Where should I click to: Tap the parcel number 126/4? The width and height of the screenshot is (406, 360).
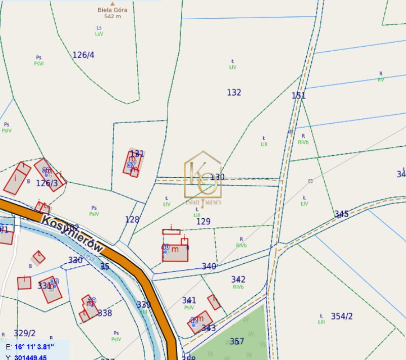tap(84, 55)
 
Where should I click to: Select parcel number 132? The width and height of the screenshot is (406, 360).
tap(234, 92)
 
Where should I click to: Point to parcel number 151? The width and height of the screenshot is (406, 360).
tap(299, 96)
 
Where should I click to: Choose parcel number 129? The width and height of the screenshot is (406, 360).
tap(203, 221)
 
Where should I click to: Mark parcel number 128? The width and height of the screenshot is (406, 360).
tap(132, 219)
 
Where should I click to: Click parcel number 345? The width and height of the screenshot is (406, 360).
tap(341, 214)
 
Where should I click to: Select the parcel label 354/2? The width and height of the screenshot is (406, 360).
tap(342, 316)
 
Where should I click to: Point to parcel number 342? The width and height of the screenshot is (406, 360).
tap(238, 279)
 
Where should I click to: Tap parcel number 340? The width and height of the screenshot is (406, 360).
tap(209, 266)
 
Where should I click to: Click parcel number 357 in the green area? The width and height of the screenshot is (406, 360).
tap(237, 341)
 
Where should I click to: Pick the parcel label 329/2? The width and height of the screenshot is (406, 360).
tap(25, 333)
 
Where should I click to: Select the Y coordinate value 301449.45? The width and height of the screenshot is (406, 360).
tap(30, 357)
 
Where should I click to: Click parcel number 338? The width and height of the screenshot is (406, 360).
tap(104, 313)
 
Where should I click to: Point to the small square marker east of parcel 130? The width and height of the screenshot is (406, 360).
tap(310, 181)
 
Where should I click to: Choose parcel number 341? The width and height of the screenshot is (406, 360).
tap(189, 301)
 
